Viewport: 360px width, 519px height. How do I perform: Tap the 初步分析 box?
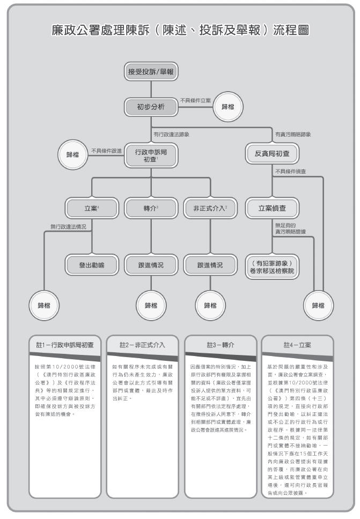[150, 107]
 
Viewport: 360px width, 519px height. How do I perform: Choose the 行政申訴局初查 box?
[150, 155]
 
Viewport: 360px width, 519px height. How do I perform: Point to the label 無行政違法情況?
[68, 227]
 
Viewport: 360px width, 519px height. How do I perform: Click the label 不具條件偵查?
[292, 172]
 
